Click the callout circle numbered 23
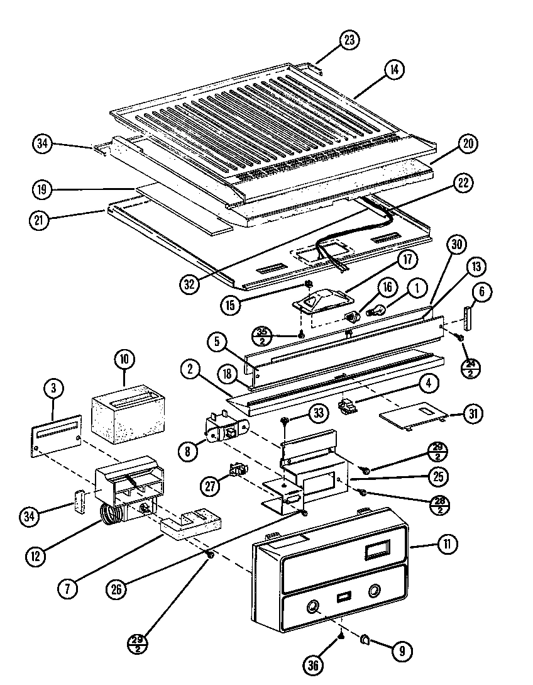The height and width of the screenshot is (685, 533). (x=349, y=40)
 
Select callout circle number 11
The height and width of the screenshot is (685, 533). (x=446, y=545)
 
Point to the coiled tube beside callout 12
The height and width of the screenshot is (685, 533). (x=112, y=516)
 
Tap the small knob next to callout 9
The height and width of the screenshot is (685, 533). (x=365, y=640)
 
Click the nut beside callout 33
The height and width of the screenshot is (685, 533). (x=285, y=421)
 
